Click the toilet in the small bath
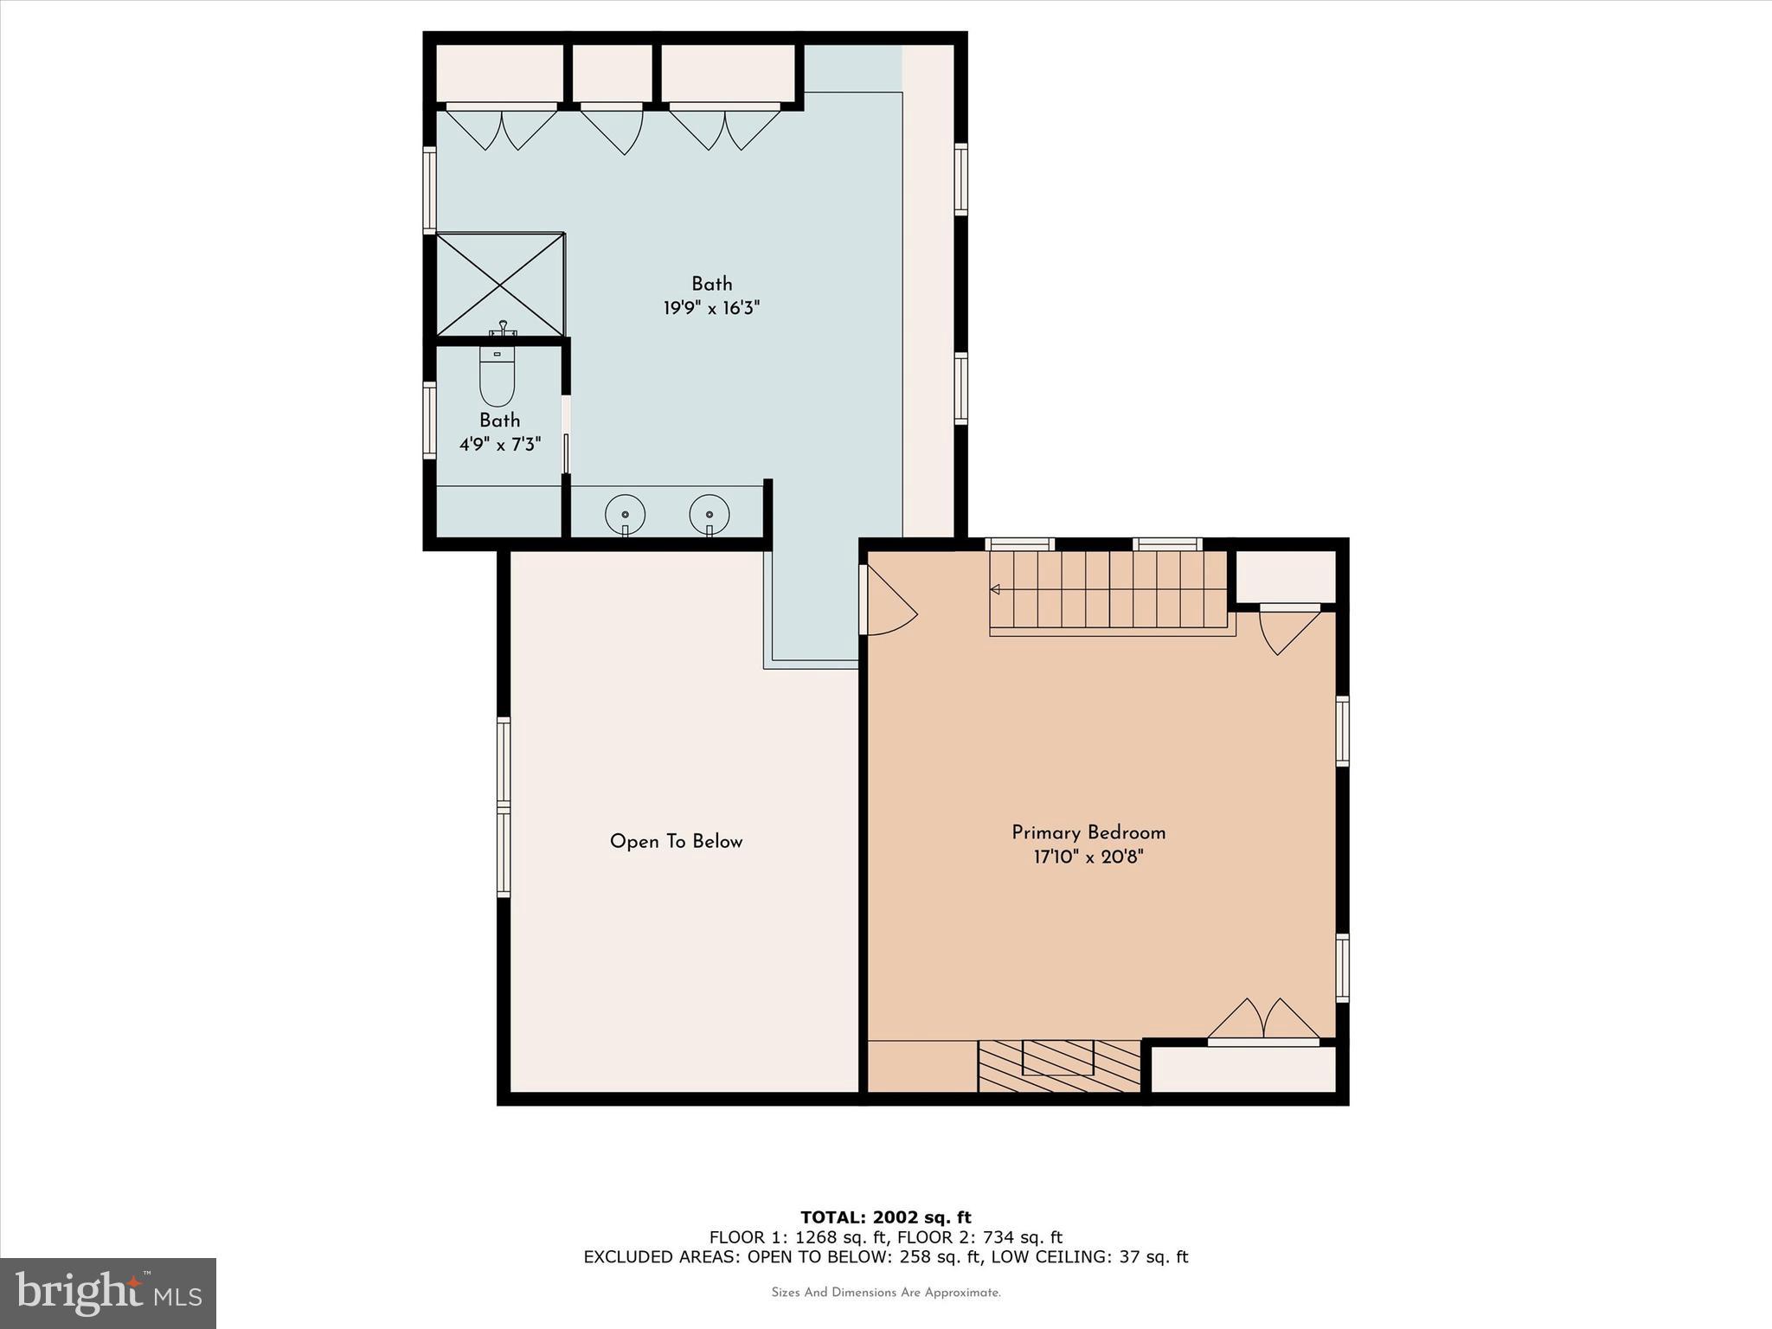[x=497, y=378]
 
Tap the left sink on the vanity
[x=625, y=515]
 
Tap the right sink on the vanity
[x=709, y=515]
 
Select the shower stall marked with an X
[x=499, y=284]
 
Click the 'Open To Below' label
[x=676, y=842]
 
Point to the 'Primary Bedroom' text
[x=1088, y=833]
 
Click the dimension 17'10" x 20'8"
[x=1088, y=857]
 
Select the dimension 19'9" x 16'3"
[x=711, y=308]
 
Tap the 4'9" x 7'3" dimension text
[x=499, y=445]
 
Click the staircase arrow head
[x=995, y=589]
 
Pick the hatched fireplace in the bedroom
[x=1059, y=1066]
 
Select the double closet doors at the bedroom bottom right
[x=1264, y=1021]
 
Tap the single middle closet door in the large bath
[x=613, y=128]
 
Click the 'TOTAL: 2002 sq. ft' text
[x=885, y=1217]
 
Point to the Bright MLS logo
[x=108, y=1294]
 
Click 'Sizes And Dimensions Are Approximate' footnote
[x=885, y=1293]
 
